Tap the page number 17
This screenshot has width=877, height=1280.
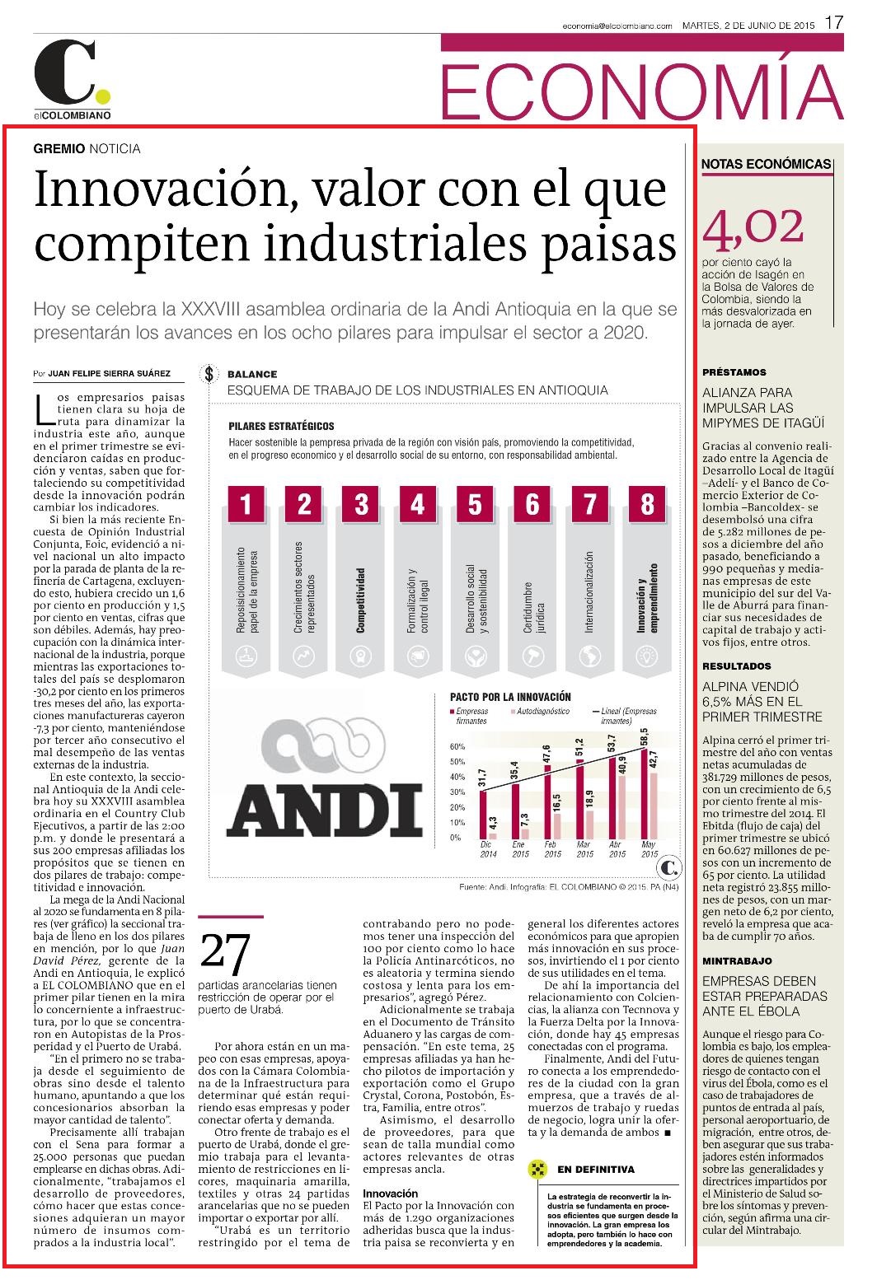click(x=834, y=23)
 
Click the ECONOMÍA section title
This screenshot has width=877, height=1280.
click(x=641, y=91)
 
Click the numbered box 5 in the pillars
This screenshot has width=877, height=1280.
click(x=475, y=504)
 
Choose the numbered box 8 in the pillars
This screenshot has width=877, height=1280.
click(x=647, y=504)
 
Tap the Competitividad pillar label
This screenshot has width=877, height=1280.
click(x=360, y=600)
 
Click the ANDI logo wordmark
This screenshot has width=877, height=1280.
click(x=325, y=810)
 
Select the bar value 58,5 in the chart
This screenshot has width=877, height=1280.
click(x=645, y=736)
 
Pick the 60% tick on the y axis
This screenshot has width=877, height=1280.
click(x=457, y=746)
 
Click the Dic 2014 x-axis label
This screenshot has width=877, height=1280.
click(x=488, y=849)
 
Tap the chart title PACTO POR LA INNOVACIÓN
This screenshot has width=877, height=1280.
click(x=510, y=697)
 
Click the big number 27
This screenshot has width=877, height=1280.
click(x=225, y=953)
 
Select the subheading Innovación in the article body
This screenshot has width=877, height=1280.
click(x=391, y=1194)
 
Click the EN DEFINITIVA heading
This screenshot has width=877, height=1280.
click(x=596, y=1169)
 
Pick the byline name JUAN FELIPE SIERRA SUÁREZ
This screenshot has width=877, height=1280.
click(x=109, y=373)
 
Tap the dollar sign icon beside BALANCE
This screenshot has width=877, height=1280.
click(x=209, y=374)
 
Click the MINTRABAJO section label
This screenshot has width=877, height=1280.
click(x=737, y=961)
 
